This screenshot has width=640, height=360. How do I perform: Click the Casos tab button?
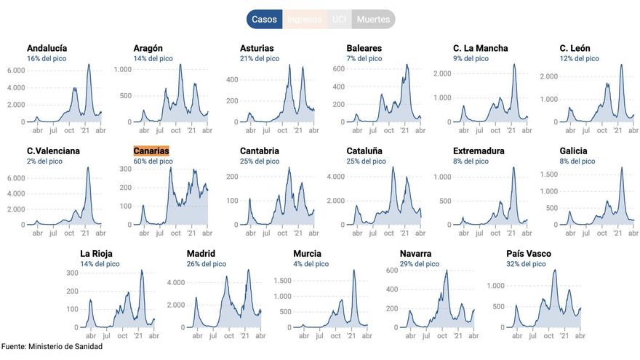click(264, 20)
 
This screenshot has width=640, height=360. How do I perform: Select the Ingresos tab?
click(304, 20)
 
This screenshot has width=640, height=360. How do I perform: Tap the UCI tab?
click(339, 20)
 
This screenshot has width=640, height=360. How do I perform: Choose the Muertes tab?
click(374, 20)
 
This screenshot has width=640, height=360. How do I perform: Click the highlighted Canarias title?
click(151, 151)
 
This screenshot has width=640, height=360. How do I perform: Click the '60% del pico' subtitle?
click(153, 161)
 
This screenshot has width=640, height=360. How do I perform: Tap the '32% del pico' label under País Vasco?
click(527, 264)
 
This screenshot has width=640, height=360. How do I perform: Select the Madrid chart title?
click(201, 254)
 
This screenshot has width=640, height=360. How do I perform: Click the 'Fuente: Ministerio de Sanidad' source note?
click(52, 347)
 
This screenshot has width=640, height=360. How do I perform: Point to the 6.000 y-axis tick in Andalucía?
click(16, 71)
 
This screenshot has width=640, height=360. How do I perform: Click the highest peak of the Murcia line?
click(354, 271)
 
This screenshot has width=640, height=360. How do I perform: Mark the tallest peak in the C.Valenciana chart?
click(88, 168)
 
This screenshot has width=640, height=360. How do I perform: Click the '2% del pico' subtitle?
click(44, 161)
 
